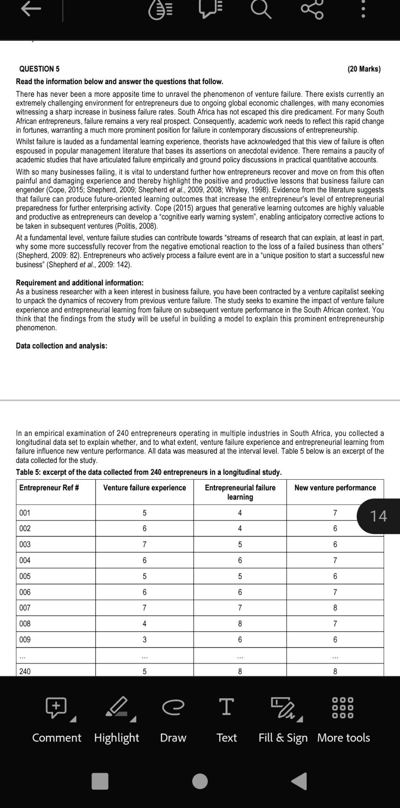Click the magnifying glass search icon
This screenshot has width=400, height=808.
click(x=261, y=10)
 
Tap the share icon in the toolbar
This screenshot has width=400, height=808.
click(x=312, y=10)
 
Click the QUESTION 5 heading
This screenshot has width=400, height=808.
click(x=40, y=69)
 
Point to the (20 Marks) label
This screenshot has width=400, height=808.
click(x=364, y=69)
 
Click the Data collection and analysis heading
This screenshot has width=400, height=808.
click(x=61, y=346)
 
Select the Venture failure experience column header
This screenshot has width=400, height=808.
click(x=144, y=488)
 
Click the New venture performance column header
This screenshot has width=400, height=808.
click(x=335, y=488)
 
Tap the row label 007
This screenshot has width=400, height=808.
click(x=25, y=608)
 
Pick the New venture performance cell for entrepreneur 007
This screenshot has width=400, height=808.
click(x=335, y=608)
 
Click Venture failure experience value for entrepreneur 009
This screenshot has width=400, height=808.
click(x=144, y=640)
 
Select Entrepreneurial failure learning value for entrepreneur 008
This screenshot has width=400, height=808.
click(x=240, y=624)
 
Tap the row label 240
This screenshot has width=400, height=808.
click(x=25, y=671)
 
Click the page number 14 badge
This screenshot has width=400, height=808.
click(x=378, y=516)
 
